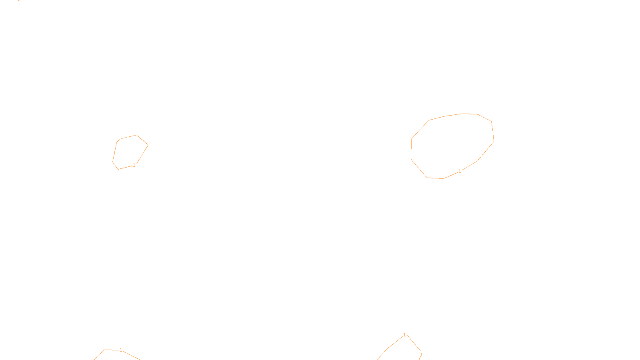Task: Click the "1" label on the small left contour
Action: point(134,165)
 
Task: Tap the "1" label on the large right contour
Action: point(460,171)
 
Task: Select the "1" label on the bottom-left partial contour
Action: point(121,350)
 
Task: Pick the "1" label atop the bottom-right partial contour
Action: point(404,335)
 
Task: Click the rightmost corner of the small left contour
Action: point(148,145)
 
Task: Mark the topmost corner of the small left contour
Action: point(136,135)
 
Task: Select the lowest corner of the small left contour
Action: point(118,169)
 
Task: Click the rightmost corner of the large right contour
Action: point(494,141)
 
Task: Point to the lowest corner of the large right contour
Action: point(443,178)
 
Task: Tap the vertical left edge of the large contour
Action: point(411,149)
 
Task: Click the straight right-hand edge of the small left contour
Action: point(142,154)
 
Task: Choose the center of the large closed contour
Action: point(452,146)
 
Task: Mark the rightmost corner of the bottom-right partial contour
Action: point(421,352)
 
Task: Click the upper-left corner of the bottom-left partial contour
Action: point(105,350)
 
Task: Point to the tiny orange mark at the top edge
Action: point(19,0)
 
